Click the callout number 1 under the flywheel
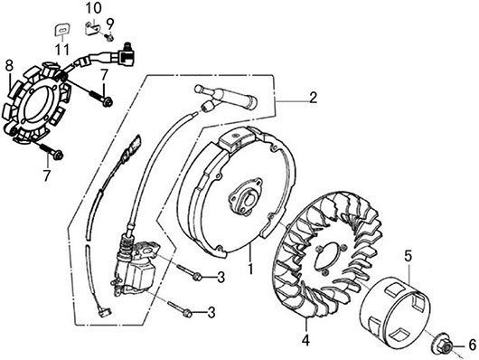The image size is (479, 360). click(x=251, y=268)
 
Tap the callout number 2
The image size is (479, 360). click(x=313, y=98)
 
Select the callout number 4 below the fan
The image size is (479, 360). click(x=305, y=340)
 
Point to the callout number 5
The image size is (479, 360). click(x=409, y=257)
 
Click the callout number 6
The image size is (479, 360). click(x=473, y=345)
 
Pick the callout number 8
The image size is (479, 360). click(x=9, y=66)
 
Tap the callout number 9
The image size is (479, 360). click(x=109, y=24)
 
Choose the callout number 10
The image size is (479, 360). click(x=93, y=8)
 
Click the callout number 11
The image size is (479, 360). click(x=62, y=50)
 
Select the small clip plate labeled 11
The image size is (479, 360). click(x=62, y=30)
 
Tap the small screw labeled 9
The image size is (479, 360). click(x=109, y=38)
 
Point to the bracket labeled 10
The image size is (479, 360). click(x=91, y=29)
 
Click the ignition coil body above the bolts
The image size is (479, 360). click(x=136, y=267)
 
